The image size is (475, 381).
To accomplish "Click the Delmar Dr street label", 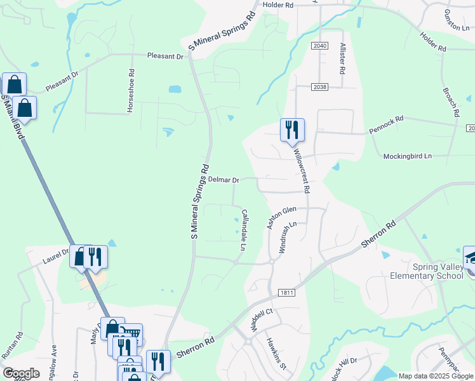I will [x=224, y=180].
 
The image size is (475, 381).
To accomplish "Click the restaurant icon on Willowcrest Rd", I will [x=292, y=130].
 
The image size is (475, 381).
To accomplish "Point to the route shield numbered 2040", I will [x=320, y=46].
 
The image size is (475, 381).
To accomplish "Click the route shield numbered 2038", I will [x=319, y=87].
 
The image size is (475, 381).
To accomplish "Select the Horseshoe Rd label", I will [x=131, y=91].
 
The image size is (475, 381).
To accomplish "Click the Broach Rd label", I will [x=451, y=99].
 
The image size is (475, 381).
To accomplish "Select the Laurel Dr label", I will [x=55, y=255].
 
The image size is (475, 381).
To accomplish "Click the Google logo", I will [x=21, y=373].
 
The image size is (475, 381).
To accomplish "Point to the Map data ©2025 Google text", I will [x=435, y=376].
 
